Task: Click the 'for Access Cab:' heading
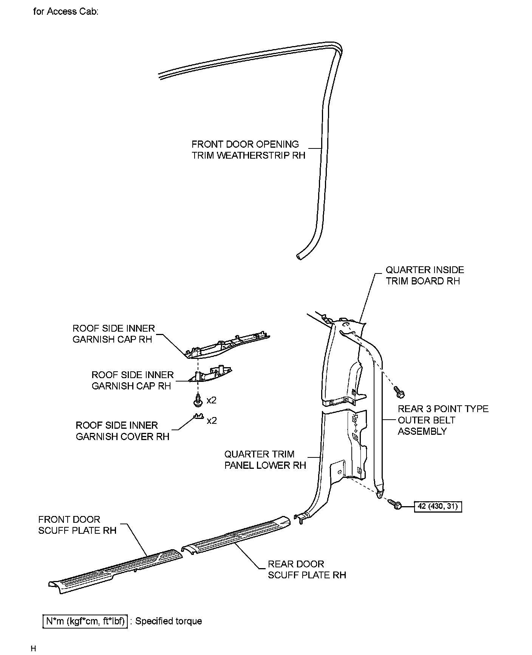click(66, 12)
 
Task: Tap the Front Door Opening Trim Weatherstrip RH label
click(248, 150)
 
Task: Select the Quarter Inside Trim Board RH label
click(424, 275)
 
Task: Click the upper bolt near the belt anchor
click(399, 391)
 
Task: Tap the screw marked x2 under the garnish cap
click(197, 400)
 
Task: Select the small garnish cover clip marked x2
click(198, 416)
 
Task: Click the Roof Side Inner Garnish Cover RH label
click(122, 431)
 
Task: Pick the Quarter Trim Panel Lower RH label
click(265, 459)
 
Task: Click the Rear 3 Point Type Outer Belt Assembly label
click(443, 420)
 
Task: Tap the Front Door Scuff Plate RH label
click(77, 525)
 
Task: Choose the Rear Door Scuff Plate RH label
click(307, 569)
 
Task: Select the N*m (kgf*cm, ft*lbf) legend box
click(85, 621)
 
